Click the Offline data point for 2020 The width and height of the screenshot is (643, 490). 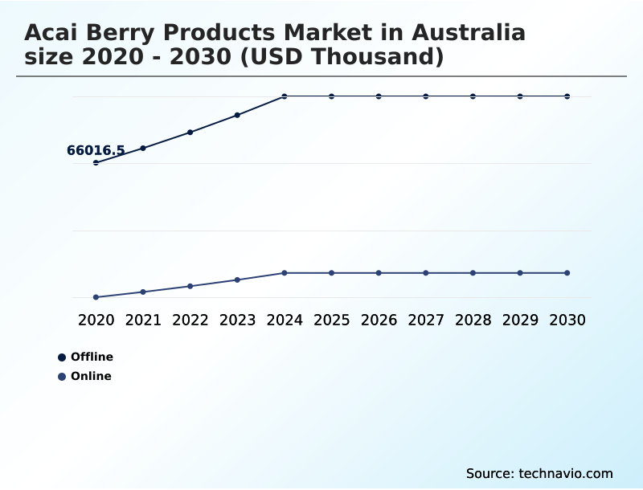click(96, 162)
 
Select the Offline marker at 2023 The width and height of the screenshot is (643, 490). click(237, 115)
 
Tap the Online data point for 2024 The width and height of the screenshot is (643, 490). click(285, 273)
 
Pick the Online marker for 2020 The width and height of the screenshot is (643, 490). click(96, 297)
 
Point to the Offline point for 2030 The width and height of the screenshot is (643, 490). click(567, 96)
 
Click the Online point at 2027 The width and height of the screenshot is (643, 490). click(426, 273)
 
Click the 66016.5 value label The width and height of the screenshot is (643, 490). click(96, 150)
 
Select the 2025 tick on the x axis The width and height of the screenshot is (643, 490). click(331, 320)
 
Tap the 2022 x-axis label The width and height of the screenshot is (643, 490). click(190, 320)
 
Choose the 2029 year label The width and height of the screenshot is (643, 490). click(520, 320)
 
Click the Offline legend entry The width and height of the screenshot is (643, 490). click(91, 357)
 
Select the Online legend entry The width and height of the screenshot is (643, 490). click(90, 376)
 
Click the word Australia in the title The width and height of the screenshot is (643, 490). click(469, 33)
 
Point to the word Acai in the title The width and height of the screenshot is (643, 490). click(55, 33)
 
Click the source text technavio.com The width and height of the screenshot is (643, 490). click(566, 473)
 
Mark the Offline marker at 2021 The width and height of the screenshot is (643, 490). click(143, 148)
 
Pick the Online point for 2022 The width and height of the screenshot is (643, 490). click(190, 286)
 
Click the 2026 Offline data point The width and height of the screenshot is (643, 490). click(379, 96)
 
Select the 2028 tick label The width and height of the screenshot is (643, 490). click(473, 320)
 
